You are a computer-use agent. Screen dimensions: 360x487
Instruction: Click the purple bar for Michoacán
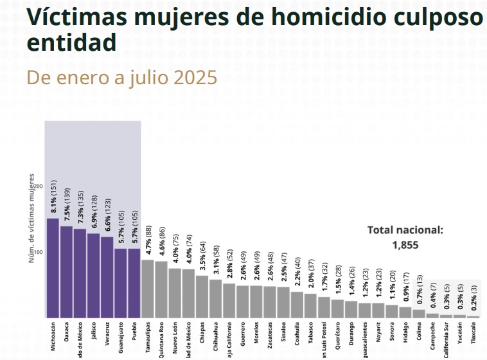(x=53, y=268)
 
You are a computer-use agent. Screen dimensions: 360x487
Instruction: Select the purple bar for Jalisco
(x=93, y=275)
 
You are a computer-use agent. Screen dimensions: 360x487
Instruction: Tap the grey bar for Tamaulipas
(x=148, y=289)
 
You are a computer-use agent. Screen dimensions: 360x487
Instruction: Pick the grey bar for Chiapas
(x=202, y=296)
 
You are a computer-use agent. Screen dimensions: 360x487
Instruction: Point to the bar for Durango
(x=351, y=309)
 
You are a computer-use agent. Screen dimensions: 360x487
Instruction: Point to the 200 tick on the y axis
(x=38, y=186)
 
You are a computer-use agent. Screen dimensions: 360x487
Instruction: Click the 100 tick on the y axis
(x=38, y=252)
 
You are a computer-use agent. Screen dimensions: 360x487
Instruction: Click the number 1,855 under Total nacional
(x=405, y=244)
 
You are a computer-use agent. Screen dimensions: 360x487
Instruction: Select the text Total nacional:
(x=405, y=230)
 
